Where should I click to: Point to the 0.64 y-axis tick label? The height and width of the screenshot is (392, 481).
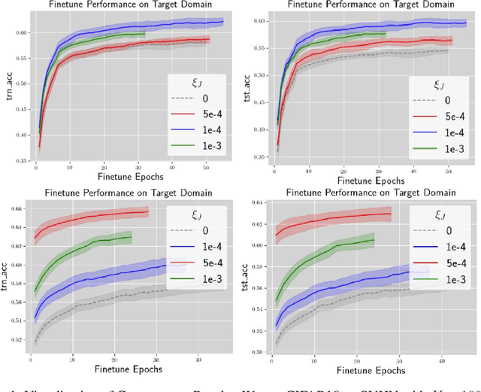pyautogui.click(x=256, y=203)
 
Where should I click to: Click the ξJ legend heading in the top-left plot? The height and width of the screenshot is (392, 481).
pyautogui.click(x=193, y=81)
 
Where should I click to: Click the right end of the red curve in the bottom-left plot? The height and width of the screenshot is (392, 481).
pyautogui.click(x=148, y=211)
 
